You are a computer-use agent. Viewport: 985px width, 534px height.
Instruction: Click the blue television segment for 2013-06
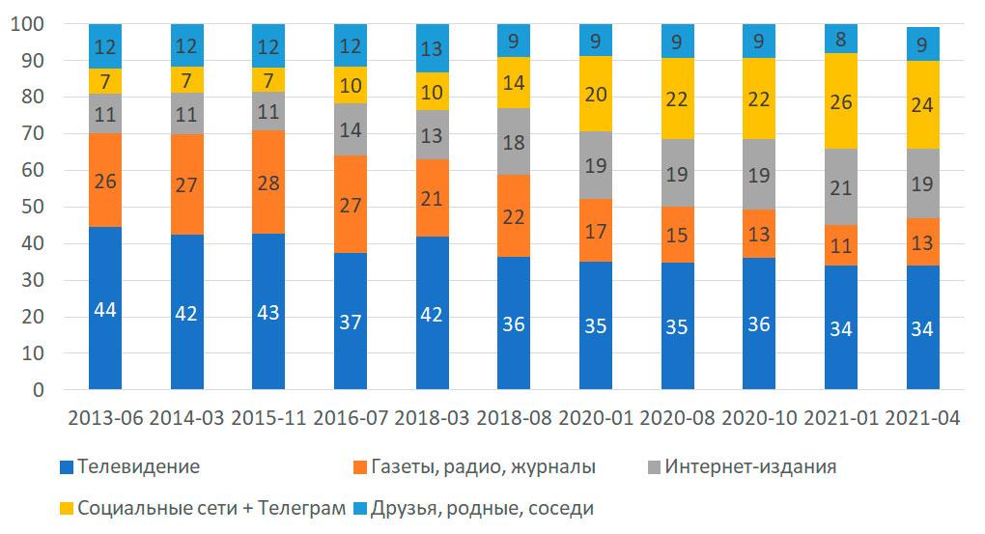point(104,308)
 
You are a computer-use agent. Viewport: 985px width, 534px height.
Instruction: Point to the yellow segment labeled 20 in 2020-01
point(596,94)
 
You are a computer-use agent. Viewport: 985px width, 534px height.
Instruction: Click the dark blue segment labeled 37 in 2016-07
point(350,321)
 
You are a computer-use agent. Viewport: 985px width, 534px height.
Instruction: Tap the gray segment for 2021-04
point(923,183)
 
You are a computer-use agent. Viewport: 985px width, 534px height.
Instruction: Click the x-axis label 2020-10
point(759,418)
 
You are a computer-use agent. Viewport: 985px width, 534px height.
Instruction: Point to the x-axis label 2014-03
point(186,418)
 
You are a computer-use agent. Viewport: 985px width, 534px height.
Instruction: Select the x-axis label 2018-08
point(514,418)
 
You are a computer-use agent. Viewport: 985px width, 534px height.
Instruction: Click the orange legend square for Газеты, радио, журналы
point(360,467)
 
